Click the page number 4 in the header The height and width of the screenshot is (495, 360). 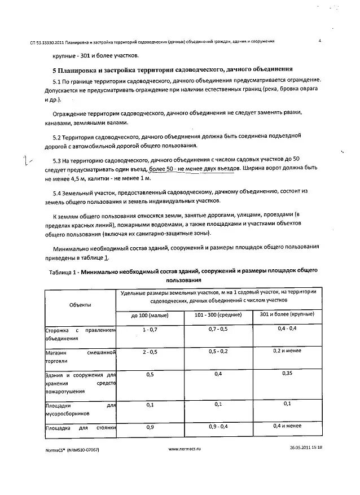319,41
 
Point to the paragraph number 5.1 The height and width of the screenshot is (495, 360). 58,82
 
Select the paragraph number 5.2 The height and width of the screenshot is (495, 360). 58,137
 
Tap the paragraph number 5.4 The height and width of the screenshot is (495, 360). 58,192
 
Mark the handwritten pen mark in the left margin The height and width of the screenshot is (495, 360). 25,163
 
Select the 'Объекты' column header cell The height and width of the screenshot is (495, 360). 80,305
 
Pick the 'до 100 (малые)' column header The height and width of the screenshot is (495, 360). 150,314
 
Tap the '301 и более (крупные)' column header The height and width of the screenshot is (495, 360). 287,314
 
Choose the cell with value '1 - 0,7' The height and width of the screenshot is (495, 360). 151,329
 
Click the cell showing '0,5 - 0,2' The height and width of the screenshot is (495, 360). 218,351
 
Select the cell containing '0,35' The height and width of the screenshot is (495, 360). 287,374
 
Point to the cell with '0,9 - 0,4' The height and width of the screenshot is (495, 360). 218,426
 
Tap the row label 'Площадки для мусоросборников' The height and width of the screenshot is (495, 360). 80,409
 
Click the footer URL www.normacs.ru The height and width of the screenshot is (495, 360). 185,449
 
